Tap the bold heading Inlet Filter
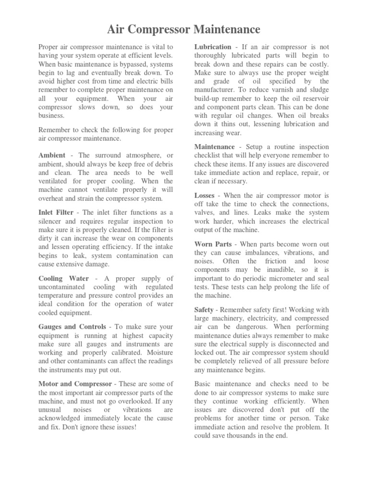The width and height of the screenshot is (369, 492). coord(56,212)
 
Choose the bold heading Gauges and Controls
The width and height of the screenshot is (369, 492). coord(72,327)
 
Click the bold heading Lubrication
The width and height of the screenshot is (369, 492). coord(212,47)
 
